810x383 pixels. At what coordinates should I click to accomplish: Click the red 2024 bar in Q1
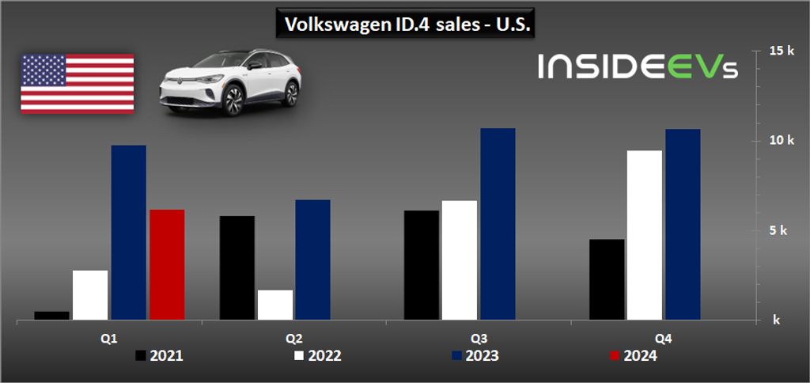pyautogui.click(x=167, y=264)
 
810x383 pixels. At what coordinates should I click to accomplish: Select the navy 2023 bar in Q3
pyautogui.click(x=498, y=224)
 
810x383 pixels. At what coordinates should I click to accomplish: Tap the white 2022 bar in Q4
pyautogui.click(x=645, y=235)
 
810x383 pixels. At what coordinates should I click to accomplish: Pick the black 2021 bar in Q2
pyautogui.click(x=237, y=267)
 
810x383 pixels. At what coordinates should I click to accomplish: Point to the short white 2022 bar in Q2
pyautogui.click(x=275, y=305)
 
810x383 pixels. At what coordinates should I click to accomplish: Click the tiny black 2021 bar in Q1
pyautogui.click(x=52, y=315)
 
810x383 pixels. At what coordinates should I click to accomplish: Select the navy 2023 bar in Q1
pyautogui.click(x=128, y=233)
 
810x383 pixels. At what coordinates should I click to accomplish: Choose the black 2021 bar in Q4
pyautogui.click(x=607, y=279)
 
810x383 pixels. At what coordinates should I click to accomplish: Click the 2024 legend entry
pyautogui.click(x=633, y=356)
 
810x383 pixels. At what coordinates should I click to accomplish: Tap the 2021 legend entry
pyautogui.click(x=159, y=356)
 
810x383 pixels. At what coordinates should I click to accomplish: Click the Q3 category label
pyautogui.click(x=479, y=338)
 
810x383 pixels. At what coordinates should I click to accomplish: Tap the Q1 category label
pyautogui.click(x=109, y=338)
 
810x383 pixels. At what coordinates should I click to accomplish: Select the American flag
pyautogui.click(x=77, y=83)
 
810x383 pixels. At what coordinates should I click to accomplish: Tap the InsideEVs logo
pyautogui.click(x=638, y=66)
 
